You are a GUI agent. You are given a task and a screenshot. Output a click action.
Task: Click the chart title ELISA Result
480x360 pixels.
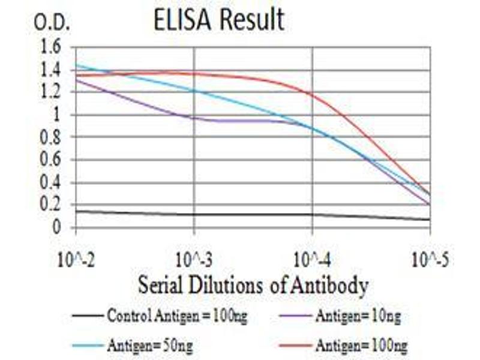(x=218, y=19)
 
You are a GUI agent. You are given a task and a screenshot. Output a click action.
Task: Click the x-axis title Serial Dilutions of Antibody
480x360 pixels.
(x=253, y=286)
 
